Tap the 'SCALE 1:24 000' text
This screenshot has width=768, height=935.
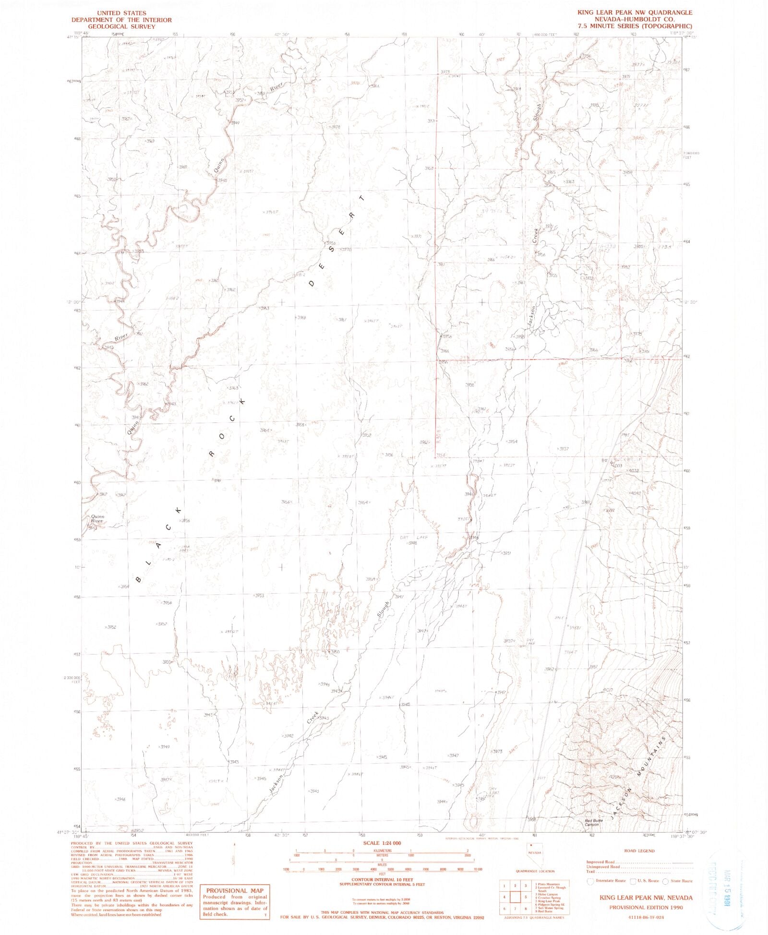(383, 843)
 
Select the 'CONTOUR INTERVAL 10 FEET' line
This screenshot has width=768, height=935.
(383, 880)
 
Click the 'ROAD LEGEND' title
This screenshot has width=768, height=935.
(639, 851)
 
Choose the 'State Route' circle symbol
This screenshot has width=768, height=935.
(665, 881)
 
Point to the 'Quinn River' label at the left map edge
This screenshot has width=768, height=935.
(97, 519)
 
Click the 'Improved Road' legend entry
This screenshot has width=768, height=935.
(600, 862)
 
